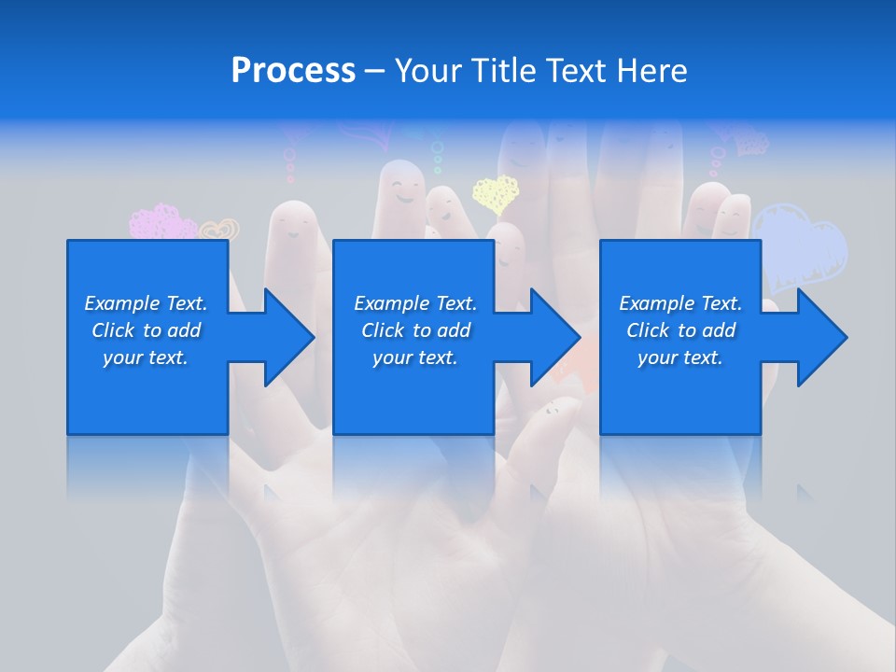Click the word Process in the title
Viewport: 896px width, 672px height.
[x=293, y=70]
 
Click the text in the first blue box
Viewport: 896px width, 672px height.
[x=146, y=330]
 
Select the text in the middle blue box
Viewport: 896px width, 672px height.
[x=414, y=330]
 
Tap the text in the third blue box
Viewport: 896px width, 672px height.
[x=680, y=330]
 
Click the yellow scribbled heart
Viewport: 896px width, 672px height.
[x=495, y=194]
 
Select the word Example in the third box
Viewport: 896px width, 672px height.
[x=657, y=303]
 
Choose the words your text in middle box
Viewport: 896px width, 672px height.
[x=414, y=357]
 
